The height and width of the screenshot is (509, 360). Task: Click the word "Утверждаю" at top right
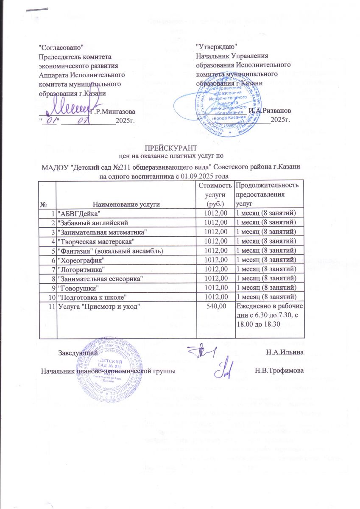[x=216, y=45]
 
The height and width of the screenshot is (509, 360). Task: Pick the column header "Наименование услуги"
[x=126, y=204]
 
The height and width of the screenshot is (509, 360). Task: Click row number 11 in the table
[x=51, y=306]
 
